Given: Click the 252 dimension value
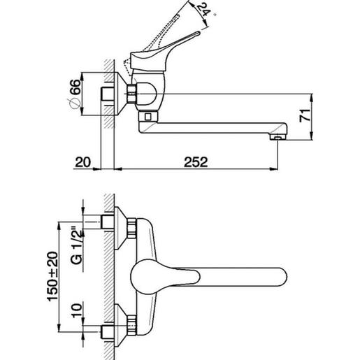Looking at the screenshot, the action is click(196, 162).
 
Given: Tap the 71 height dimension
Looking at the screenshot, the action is click(305, 115).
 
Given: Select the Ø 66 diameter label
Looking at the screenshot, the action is click(75, 94).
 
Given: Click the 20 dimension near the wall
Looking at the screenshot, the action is click(82, 162).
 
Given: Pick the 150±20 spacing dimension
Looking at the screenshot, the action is click(52, 277).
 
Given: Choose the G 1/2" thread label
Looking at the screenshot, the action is click(77, 245).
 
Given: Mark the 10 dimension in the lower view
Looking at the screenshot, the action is click(77, 310).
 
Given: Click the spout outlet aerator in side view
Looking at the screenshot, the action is click(278, 137).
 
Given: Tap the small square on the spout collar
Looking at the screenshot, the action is click(147, 117).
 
